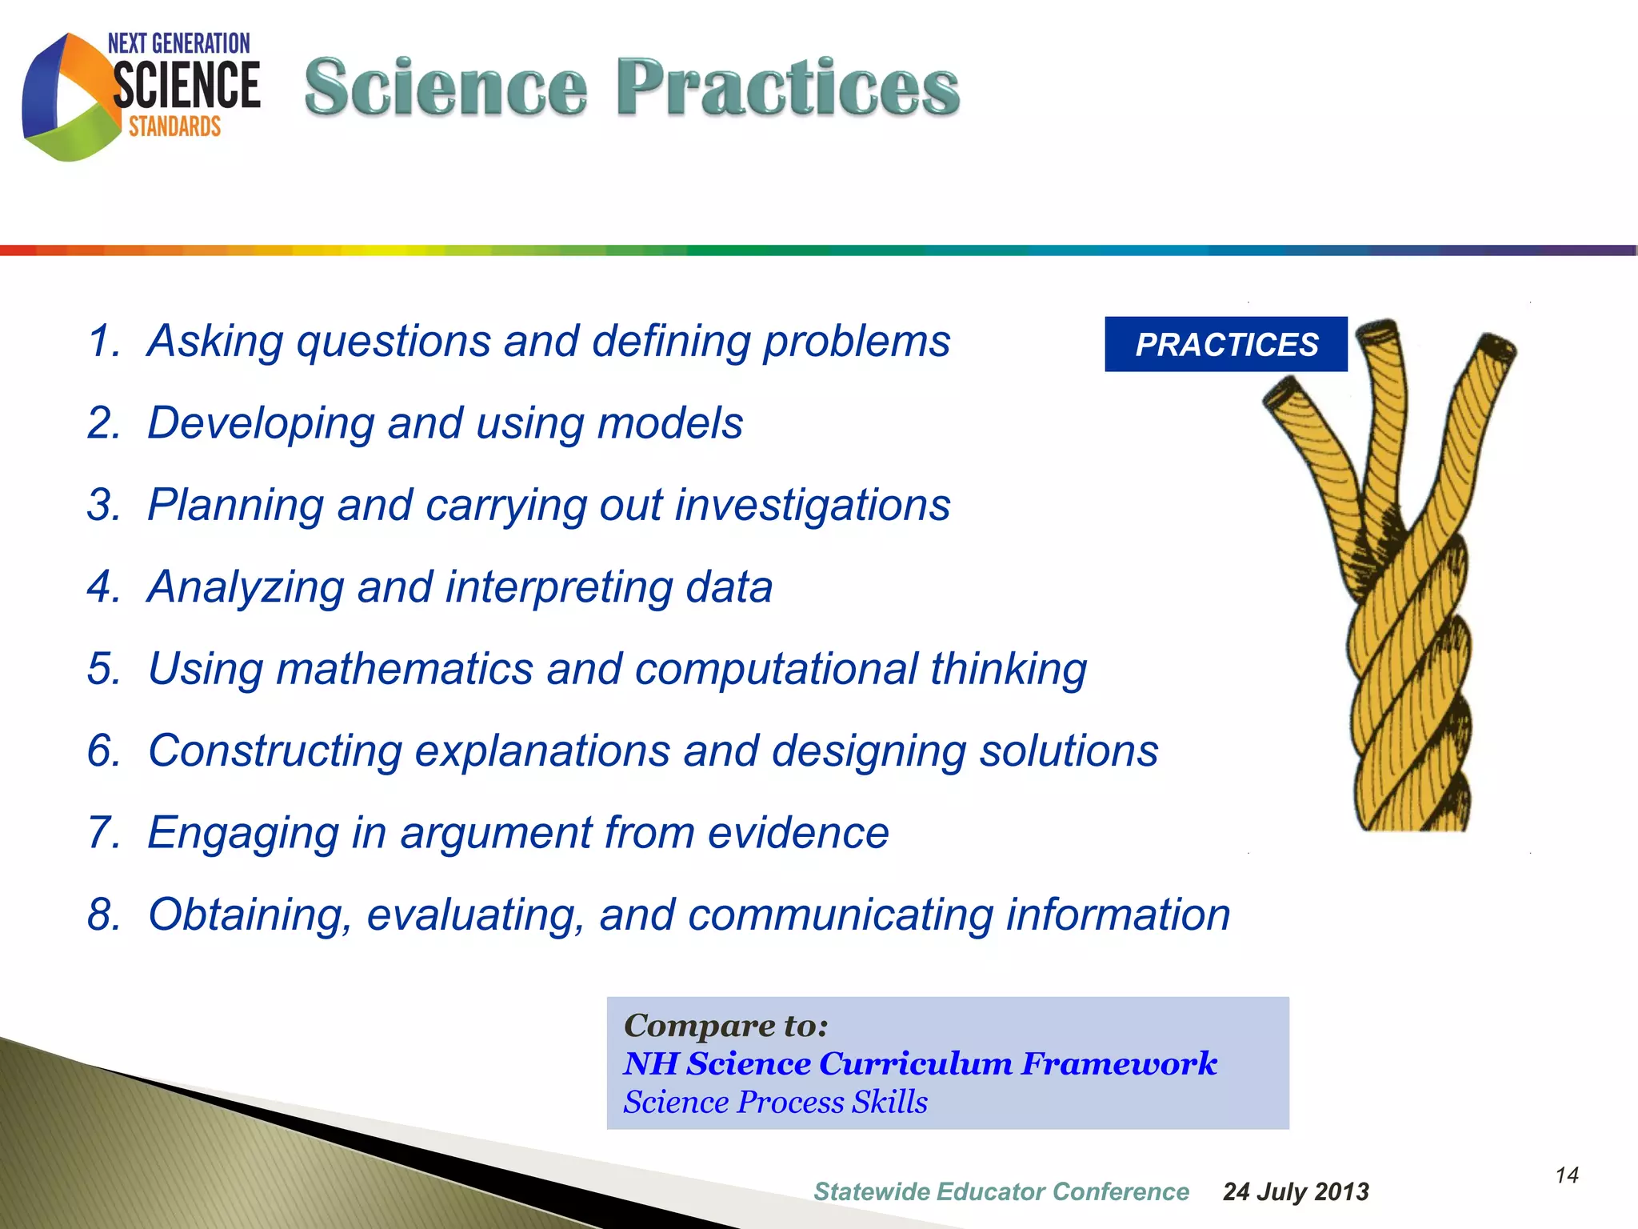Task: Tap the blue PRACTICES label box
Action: tap(1225, 344)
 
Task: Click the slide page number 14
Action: tap(1566, 1175)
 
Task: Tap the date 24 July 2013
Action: tap(1296, 1192)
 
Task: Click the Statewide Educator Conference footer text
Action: tap(1001, 1192)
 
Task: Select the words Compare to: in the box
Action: tap(725, 1026)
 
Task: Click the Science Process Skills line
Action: tap(775, 1103)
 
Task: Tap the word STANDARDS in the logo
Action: tap(174, 127)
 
